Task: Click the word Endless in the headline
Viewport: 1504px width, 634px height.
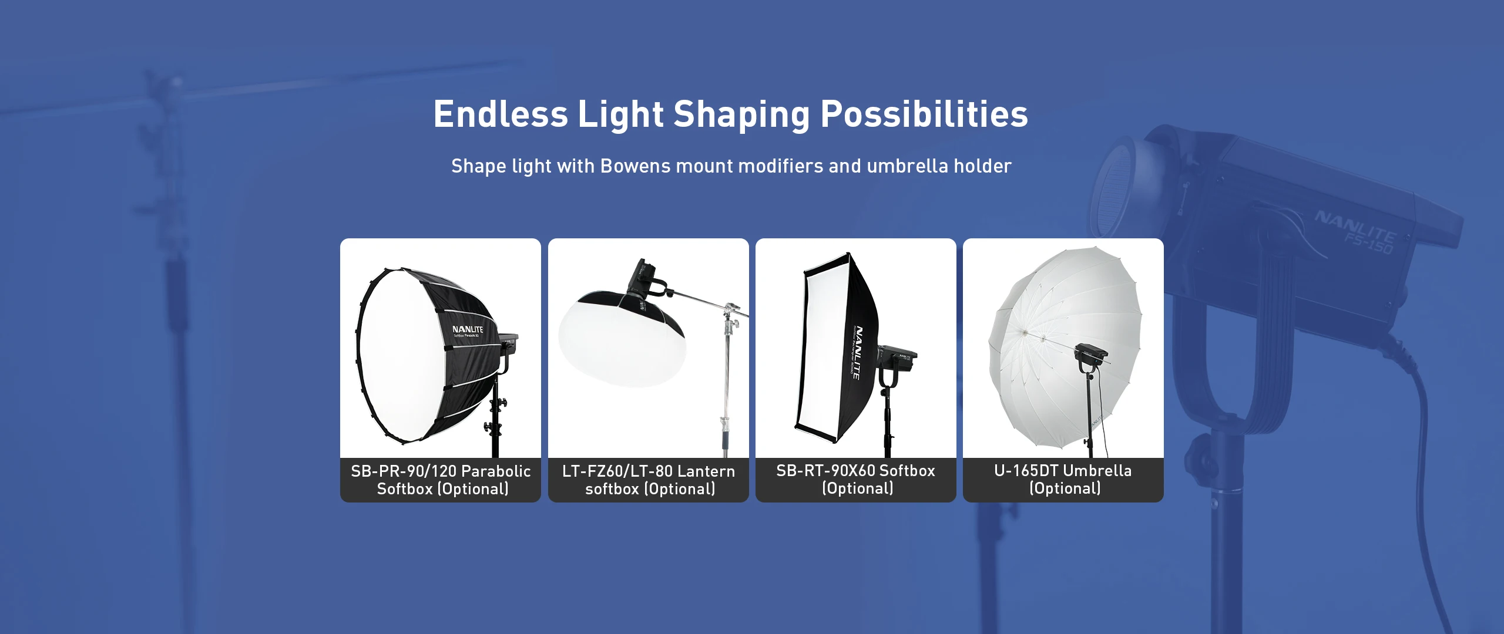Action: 501,114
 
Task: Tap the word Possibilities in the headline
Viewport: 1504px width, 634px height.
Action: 924,114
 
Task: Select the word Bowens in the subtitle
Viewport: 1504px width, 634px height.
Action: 636,166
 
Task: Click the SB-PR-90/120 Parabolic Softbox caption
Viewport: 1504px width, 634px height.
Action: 441,480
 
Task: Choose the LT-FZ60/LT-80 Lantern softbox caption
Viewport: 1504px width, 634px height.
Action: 649,480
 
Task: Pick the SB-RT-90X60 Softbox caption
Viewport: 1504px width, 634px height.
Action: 856,479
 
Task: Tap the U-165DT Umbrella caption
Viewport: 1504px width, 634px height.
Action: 1063,479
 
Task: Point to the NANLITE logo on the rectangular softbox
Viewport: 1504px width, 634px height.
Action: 857,352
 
